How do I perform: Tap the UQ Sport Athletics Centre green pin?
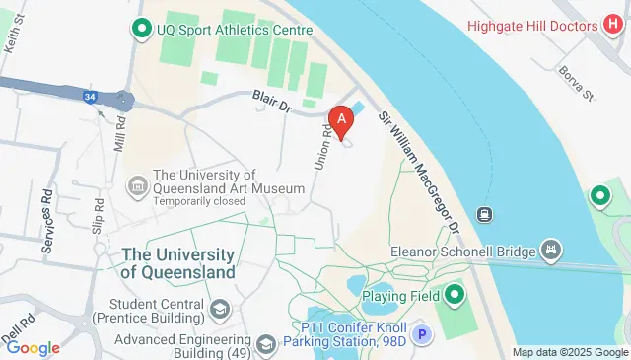pos(141,30)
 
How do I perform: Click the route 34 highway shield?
pos(89,97)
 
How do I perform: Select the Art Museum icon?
pos(137,184)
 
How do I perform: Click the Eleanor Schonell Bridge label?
pos(462,252)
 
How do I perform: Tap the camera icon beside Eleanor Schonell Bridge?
pos(551,250)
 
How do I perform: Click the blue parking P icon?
pos(422,335)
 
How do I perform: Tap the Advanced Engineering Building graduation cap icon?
pos(265,344)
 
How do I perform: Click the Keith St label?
pos(15,39)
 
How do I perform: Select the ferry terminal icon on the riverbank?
pos(484,213)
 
